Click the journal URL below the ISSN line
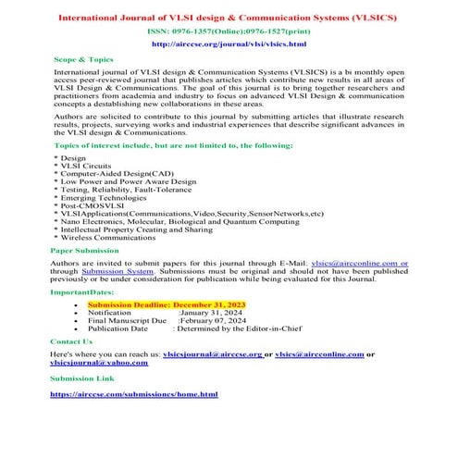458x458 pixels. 229,43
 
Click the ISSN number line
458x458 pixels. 229,31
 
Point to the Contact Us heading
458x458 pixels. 71,341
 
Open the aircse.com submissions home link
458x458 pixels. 134,394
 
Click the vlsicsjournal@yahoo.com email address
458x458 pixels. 99,364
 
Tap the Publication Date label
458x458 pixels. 118,328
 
